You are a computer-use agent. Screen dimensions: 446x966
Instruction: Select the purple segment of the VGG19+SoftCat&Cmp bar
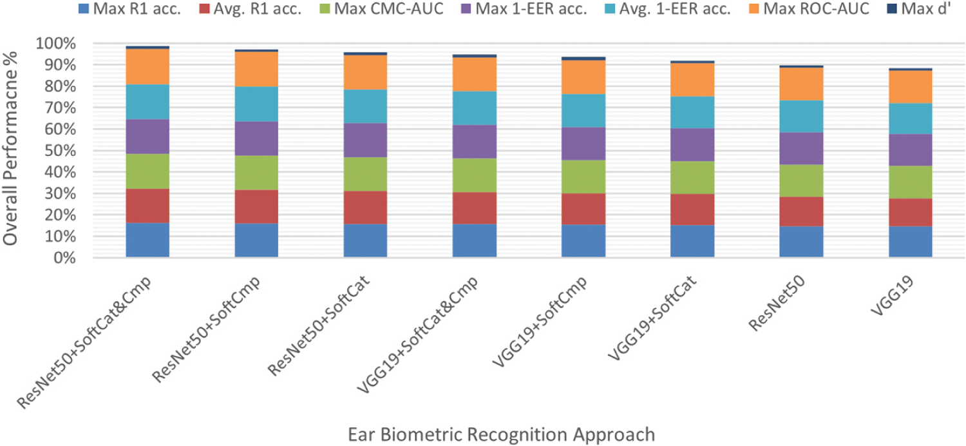[x=475, y=141]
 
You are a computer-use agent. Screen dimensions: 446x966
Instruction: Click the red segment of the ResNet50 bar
[x=802, y=211]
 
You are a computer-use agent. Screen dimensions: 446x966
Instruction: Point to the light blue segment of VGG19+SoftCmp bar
[x=583, y=111]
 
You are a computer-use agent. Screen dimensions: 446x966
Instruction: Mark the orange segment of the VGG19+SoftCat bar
[x=693, y=79]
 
